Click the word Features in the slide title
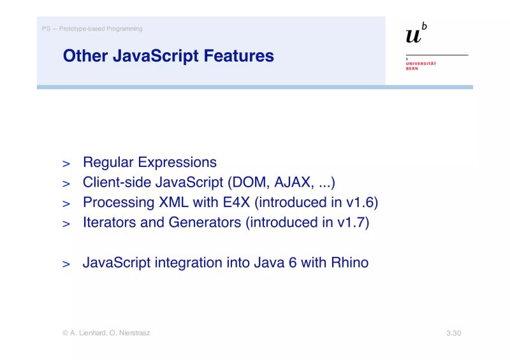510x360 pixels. (x=238, y=56)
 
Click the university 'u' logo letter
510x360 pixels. (x=414, y=36)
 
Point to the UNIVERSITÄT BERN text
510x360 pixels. (x=421, y=66)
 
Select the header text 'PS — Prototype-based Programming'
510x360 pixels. (x=92, y=29)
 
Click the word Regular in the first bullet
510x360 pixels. (x=108, y=162)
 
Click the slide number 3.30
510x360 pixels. (x=453, y=333)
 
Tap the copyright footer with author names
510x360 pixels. (x=106, y=333)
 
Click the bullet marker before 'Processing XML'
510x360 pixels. (x=66, y=205)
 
